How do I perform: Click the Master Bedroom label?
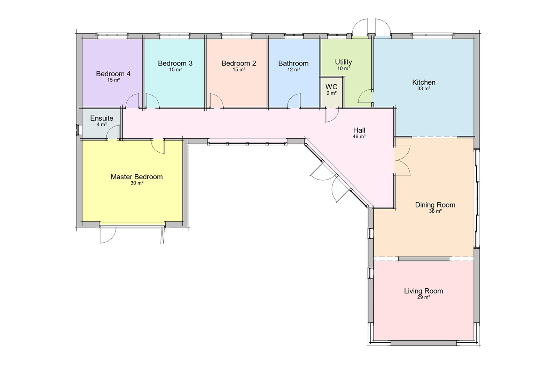[x=136, y=177]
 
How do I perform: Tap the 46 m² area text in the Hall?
[x=359, y=136]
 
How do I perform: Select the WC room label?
[x=331, y=87]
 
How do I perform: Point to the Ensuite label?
[x=102, y=118]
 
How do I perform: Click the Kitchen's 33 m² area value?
[x=424, y=89]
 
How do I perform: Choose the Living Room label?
[x=423, y=291]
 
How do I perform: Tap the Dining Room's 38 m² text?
[x=435, y=211]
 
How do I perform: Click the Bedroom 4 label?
[x=113, y=74]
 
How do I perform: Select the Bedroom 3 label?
[x=175, y=63]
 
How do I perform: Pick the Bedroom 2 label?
[x=239, y=63]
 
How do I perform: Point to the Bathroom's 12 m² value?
[x=294, y=70]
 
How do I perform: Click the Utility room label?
[x=343, y=62]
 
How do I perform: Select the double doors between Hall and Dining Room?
[x=402, y=160]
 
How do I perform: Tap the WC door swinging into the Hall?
[x=332, y=115]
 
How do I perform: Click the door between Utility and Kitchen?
[x=365, y=96]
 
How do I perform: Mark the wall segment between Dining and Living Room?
[x=424, y=259]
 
